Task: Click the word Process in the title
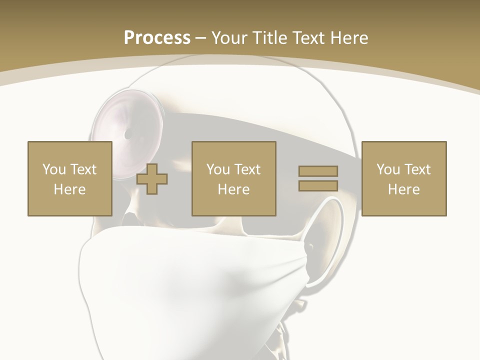(x=157, y=37)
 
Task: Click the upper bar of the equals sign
(x=318, y=171)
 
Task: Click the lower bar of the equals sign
(x=318, y=185)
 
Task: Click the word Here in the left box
(x=69, y=189)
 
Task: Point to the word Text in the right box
(x=417, y=169)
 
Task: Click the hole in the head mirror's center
(x=128, y=134)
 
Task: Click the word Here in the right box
(x=403, y=189)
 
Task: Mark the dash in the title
(x=201, y=38)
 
